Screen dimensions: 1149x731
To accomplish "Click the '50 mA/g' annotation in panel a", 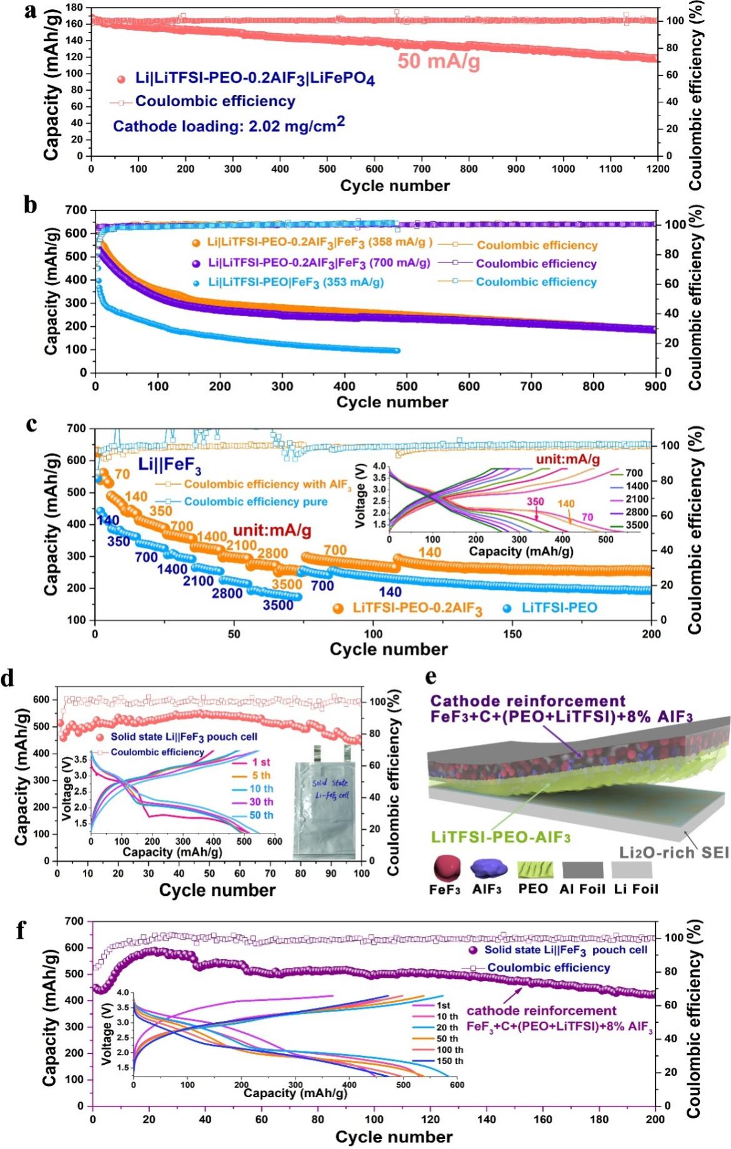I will (x=439, y=61).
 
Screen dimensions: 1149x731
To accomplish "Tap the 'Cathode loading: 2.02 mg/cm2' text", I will (x=229, y=125).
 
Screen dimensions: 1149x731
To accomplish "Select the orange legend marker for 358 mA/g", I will (x=196, y=244).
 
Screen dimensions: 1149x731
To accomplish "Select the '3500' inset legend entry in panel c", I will (x=637, y=525).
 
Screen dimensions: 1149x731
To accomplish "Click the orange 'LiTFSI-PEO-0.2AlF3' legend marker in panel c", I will (x=339, y=608).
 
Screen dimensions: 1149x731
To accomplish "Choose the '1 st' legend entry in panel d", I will (x=261, y=762).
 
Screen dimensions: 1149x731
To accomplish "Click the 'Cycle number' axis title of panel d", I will (x=217, y=890).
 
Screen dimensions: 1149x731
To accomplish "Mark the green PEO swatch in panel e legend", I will (x=534, y=870).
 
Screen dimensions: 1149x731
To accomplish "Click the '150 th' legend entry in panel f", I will (x=450, y=1061).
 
